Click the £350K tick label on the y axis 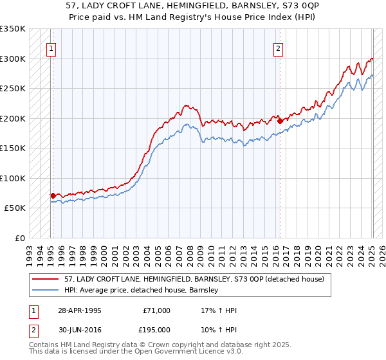(13, 29)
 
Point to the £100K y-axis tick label (13, 178)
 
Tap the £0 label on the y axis (19, 238)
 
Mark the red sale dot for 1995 (53, 195)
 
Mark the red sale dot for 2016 (280, 121)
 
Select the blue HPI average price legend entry (142, 290)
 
